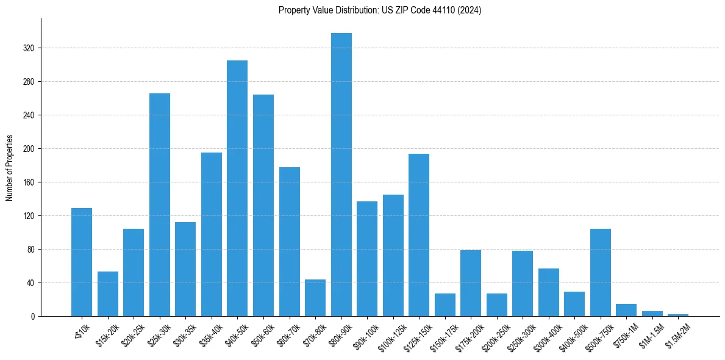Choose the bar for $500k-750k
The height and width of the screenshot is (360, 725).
click(x=601, y=272)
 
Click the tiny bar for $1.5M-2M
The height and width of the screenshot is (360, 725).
click(x=678, y=315)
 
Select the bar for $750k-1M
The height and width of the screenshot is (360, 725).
click(x=626, y=310)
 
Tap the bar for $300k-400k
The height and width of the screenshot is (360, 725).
click(x=549, y=292)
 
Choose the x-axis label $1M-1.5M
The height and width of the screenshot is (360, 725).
click(x=651, y=334)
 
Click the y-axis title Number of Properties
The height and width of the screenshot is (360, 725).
click(x=10, y=168)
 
